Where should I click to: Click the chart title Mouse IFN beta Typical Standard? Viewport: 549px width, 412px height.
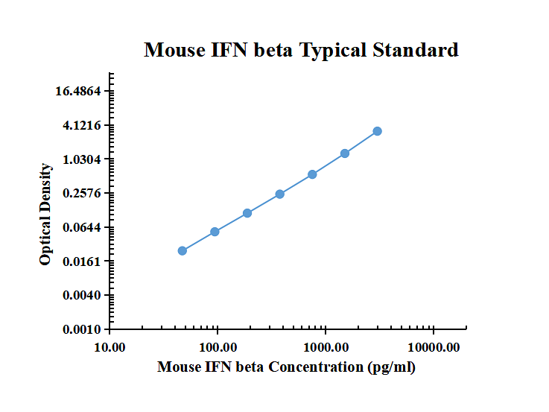(301, 50)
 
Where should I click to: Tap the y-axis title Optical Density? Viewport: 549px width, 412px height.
(46, 214)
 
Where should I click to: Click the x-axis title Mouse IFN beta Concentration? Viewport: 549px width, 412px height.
(287, 367)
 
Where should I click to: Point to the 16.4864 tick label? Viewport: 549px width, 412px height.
(83, 92)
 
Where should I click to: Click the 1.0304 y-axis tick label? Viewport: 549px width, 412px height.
(83, 159)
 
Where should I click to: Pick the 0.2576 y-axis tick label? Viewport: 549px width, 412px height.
(83, 194)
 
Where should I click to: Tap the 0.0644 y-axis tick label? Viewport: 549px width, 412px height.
(83, 227)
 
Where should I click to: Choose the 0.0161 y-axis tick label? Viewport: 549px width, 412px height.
(83, 262)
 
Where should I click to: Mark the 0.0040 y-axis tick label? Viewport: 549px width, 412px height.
(83, 296)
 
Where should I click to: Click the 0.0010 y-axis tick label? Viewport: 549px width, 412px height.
(83, 329)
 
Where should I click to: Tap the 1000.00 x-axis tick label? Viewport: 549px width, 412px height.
(326, 347)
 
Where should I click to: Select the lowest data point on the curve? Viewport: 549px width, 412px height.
(183, 251)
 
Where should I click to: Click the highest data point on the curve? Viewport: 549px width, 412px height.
(378, 131)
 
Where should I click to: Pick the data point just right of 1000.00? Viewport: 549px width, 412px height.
(345, 153)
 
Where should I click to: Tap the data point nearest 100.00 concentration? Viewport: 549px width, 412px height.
(215, 232)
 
